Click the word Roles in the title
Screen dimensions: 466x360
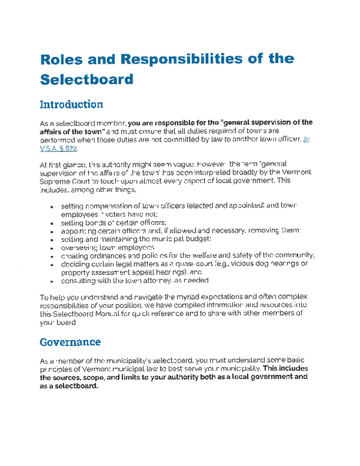(60, 59)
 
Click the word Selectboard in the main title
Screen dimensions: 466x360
(86, 79)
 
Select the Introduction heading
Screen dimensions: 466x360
(71, 104)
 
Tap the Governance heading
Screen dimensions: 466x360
(70, 342)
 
